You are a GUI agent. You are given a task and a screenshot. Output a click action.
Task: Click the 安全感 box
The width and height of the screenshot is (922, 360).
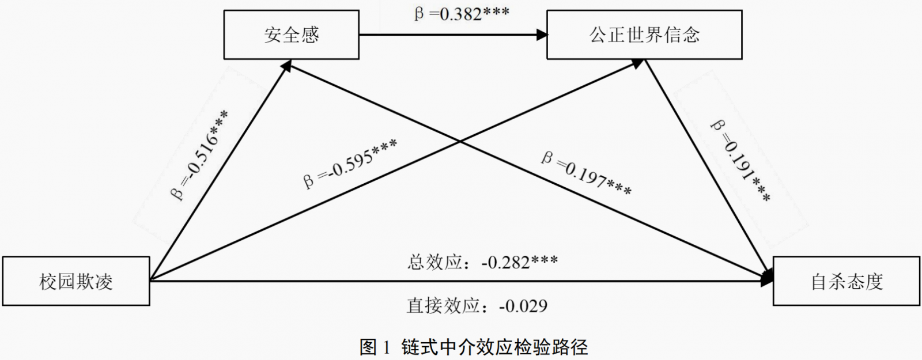291,35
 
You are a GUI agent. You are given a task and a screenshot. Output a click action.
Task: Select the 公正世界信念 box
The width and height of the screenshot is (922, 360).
644,35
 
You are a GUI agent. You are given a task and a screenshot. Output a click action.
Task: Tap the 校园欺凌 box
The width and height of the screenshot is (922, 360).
75,281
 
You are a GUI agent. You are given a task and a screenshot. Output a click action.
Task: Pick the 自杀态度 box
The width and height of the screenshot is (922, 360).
846,281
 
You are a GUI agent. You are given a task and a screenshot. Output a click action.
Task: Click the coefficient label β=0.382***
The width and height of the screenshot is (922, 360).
462,13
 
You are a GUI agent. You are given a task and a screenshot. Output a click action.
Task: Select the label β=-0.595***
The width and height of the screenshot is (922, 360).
350,163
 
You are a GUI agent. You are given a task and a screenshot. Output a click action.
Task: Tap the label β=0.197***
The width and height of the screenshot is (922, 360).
586,173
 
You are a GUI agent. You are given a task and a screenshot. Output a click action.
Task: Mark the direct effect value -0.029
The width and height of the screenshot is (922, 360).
523,305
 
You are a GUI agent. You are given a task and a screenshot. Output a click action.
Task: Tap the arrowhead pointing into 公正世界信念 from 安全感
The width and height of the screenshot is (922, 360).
542,35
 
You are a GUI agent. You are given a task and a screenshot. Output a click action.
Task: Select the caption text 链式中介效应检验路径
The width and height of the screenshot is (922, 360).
494,347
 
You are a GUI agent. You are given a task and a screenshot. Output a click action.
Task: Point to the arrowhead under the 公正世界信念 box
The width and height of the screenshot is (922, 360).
636,63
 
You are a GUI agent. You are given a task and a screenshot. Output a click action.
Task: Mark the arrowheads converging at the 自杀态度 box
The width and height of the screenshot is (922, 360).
768,278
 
